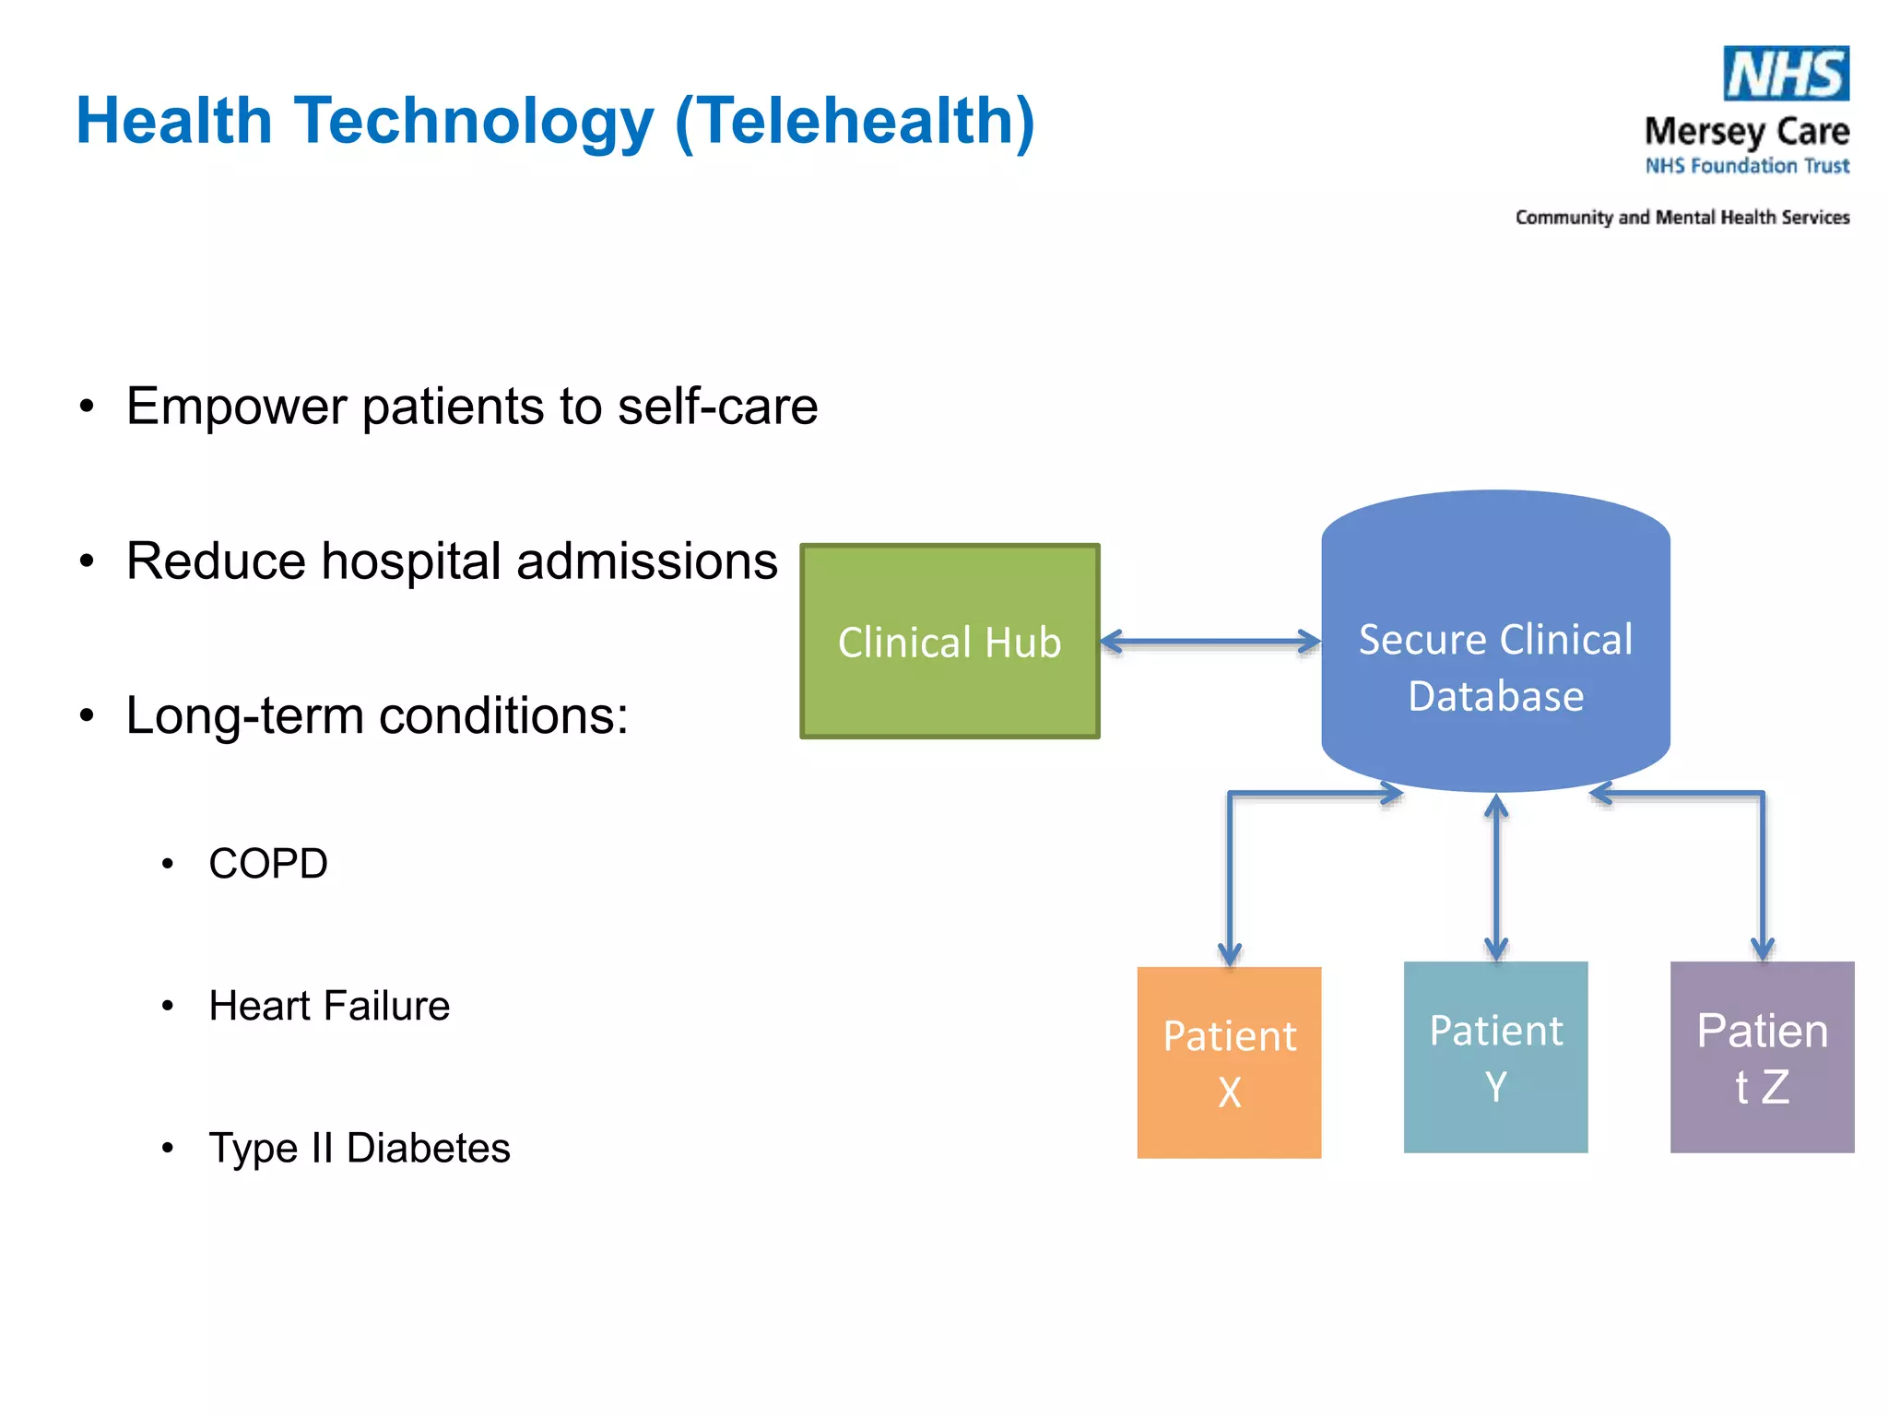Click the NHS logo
1786,74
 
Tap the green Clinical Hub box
950,642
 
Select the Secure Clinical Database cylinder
1495,645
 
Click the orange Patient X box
1229,1063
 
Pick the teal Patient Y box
1495,1057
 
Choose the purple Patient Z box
1762,1057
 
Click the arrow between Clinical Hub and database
1210,642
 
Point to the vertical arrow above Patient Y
1496,876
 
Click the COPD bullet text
268,864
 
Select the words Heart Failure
329,1006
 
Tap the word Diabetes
428,1148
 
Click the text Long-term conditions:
376,715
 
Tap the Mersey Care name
1746,132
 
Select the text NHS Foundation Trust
1747,166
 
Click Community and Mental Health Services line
1681,218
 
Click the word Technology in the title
474,121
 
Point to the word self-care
717,407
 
